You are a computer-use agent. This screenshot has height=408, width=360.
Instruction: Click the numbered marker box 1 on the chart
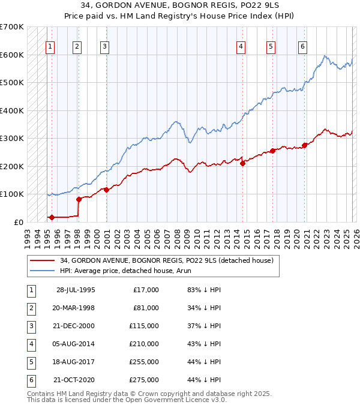click(49, 46)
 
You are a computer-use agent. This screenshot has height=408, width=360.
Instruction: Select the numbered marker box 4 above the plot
click(241, 46)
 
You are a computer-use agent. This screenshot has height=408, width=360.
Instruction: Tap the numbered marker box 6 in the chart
click(302, 46)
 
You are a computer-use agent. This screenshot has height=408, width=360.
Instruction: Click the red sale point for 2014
click(243, 163)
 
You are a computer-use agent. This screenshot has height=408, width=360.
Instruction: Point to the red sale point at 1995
click(52, 217)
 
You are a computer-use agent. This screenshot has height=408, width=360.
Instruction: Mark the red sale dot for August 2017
click(272, 151)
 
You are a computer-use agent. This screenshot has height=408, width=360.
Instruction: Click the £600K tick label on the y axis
click(12, 55)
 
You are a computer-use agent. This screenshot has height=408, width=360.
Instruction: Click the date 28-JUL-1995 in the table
click(76, 290)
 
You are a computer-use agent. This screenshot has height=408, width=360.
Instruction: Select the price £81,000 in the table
click(146, 308)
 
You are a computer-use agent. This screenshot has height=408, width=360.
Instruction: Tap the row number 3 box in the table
click(30, 326)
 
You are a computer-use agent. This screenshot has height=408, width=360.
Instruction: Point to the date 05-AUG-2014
click(76, 344)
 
